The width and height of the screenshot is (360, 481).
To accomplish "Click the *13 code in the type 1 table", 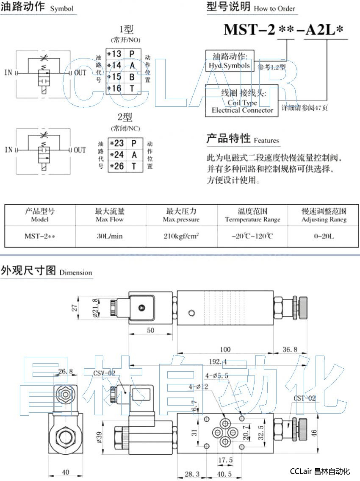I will click(x=114, y=54).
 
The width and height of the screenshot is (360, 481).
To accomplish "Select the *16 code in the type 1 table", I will click(x=114, y=88).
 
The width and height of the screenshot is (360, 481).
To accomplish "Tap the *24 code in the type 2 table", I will click(x=116, y=155).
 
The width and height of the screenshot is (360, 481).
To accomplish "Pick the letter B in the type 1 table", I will click(x=132, y=77).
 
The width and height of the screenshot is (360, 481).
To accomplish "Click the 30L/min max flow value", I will click(x=110, y=236).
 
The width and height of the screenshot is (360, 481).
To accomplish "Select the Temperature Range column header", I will click(x=252, y=215).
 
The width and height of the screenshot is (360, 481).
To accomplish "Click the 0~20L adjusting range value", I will click(x=324, y=236).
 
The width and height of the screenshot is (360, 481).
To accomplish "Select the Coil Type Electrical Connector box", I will click(x=242, y=100).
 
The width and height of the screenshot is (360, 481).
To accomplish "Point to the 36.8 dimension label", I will click(x=290, y=350).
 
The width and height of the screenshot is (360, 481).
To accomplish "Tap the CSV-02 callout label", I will click(x=104, y=373).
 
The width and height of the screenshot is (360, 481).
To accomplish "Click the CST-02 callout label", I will click(x=305, y=398).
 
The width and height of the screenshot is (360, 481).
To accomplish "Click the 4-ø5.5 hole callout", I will click(x=217, y=375).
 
